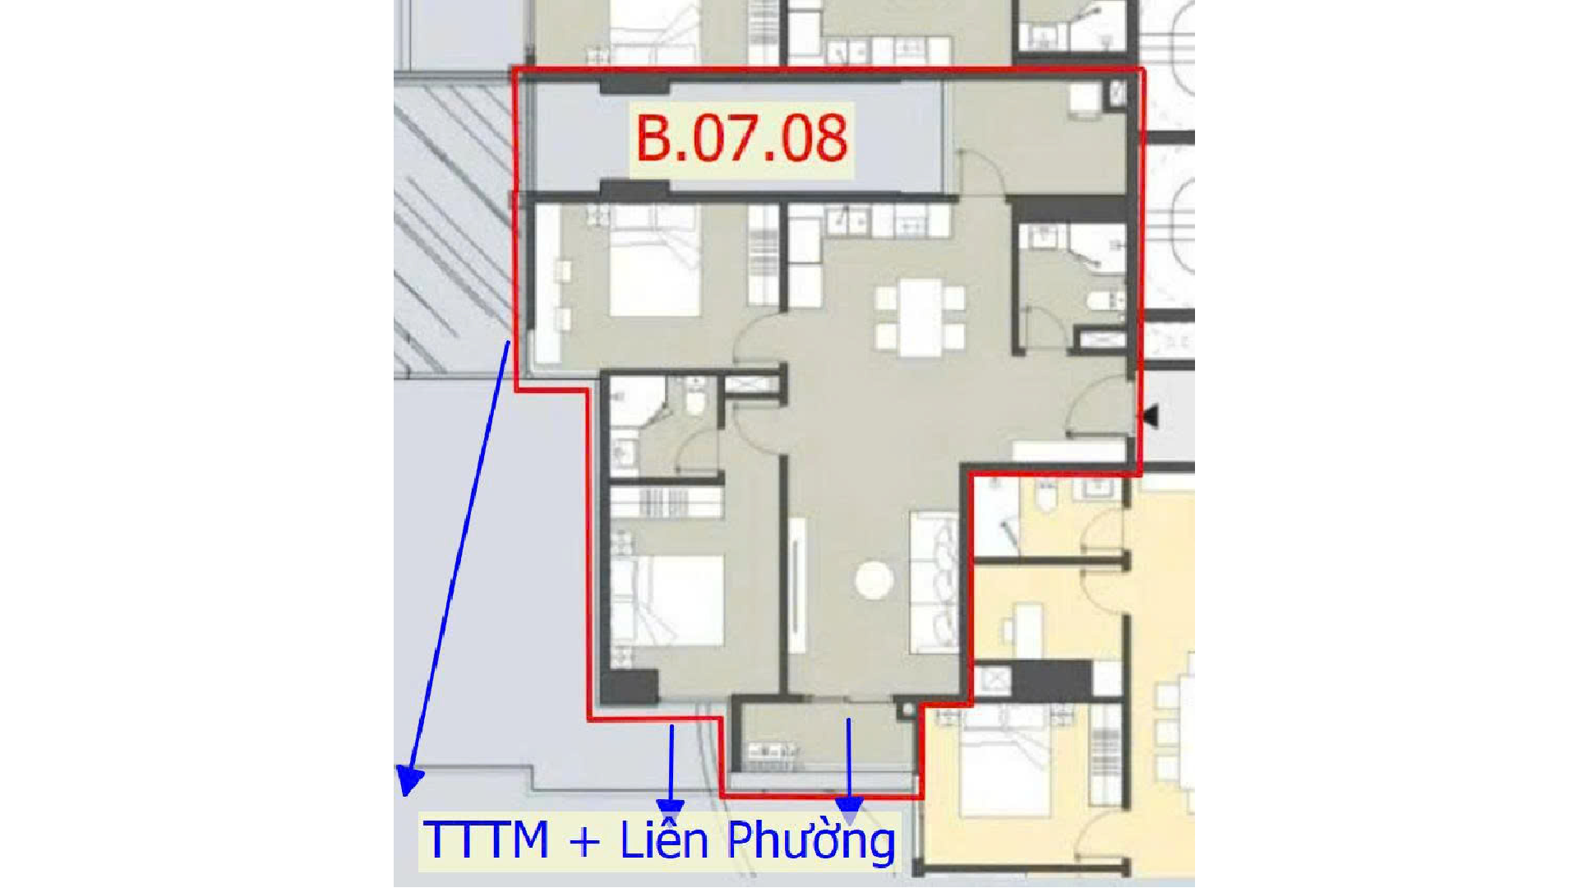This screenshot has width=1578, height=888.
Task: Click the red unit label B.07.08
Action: [741, 138]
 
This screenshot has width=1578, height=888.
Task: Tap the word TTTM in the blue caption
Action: [486, 840]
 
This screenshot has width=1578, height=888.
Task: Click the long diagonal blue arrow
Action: [455, 567]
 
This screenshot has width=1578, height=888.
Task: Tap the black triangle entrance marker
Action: [1150, 416]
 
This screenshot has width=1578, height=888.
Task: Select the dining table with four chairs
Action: [920, 317]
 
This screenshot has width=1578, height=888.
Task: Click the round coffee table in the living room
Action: [874, 580]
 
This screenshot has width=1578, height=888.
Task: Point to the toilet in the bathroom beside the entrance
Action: [1104, 301]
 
